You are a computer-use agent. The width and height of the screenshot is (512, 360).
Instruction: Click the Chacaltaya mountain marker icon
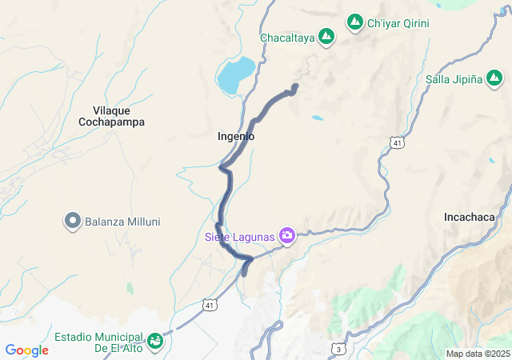pos(326,36)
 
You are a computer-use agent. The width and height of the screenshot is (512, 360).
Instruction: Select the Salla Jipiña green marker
pos(494,78)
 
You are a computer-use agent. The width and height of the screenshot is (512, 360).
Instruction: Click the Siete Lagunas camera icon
pos(287,236)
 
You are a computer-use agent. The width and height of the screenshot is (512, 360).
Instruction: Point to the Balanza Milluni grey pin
pos(73,220)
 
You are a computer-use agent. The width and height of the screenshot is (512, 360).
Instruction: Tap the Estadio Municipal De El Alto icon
pos(156,342)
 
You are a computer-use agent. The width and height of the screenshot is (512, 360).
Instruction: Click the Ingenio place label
pos(236,137)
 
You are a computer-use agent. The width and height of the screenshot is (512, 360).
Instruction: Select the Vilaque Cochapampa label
pos(111,116)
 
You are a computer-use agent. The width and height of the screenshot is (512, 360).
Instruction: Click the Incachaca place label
pos(475,217)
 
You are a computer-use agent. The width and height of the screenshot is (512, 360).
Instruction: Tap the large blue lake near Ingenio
pos(236,74)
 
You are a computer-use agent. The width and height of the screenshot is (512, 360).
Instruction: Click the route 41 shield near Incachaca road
pos(398,142)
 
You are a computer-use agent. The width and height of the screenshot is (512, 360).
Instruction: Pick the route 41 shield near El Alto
pos(210,305)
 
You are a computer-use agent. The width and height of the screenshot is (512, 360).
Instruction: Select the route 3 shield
pos(340,349)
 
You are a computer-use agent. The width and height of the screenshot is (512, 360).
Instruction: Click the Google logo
pos(27,350)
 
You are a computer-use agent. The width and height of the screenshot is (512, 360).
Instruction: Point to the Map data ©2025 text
pos(478,354)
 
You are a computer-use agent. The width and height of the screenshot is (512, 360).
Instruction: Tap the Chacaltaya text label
pos(286,37)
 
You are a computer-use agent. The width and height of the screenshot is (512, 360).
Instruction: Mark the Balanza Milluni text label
pos(122,221)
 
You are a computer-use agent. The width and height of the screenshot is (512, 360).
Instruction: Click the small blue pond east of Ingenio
pos(318,118)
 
